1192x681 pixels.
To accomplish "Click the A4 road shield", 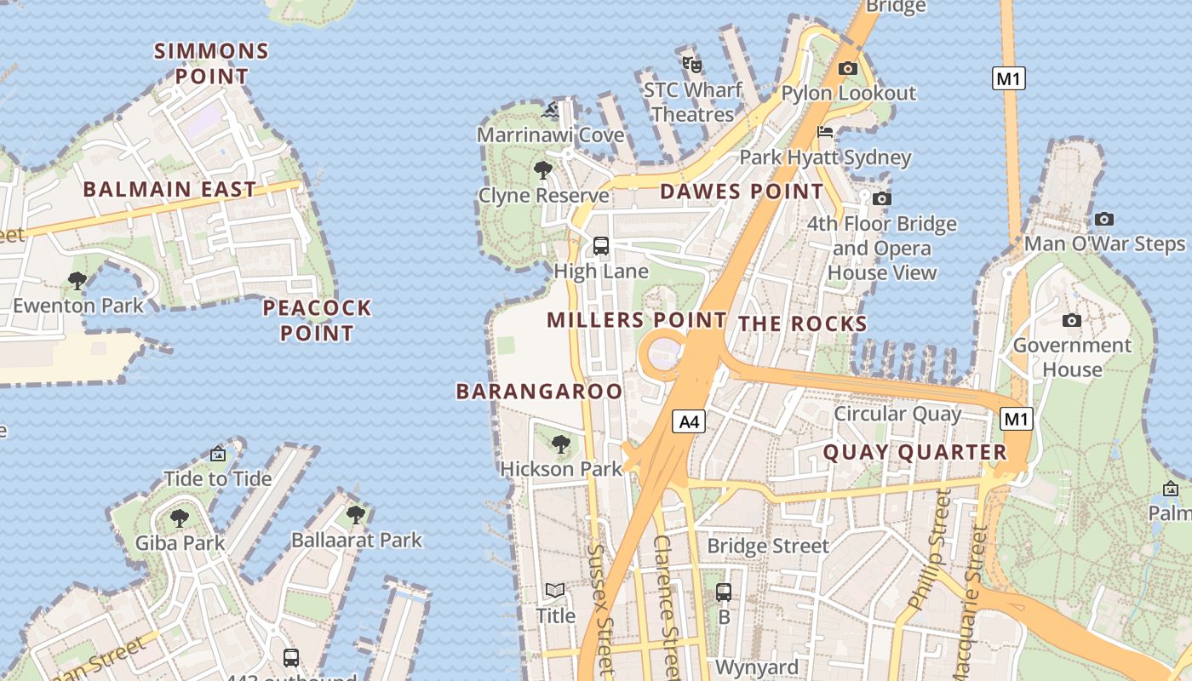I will pyautogui.click(x=690, y=421).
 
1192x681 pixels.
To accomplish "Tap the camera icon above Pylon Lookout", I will pyautogui.click(x=848, y=68).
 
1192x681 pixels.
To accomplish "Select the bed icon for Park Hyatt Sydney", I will pyautogui.click(x=825, y=132).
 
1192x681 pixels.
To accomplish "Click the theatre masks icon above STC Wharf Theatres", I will pyautogui.click(x=691, y=63).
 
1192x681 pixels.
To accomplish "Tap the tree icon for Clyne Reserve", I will pyautogui.click(x=543, y=170).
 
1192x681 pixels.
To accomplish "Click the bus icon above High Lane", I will pyautogui.click(x=601, y=246).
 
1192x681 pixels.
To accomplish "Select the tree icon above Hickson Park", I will pyautogui.click(x=560, y=444).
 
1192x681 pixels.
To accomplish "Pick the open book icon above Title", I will pyautogui.click(x=555, y=590).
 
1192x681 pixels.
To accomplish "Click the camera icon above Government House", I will pyautogui.click(x=1072, y=320).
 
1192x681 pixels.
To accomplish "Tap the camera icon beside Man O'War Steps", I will pyautogui.click(x=1104, y=219).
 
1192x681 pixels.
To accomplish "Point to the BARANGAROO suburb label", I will pyautogui.click(x=539, y=392).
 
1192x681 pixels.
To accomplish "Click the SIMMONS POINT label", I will pyautogui.click(x=212, y=64).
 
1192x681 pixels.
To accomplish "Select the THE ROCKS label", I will pyautogui.click(x=802, y=323).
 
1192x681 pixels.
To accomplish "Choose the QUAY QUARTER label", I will pyautogui.click(x=914, y=452).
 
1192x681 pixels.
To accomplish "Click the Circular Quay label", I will pyautogui.click(x=897, y=414).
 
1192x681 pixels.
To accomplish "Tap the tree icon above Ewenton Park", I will pyautogui.click(x=77, y=279).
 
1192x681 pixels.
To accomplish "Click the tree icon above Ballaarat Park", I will pyautogui.click(x=356, y=514).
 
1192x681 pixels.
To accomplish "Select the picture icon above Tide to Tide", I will pyautogui.click(x=218, y=454).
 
